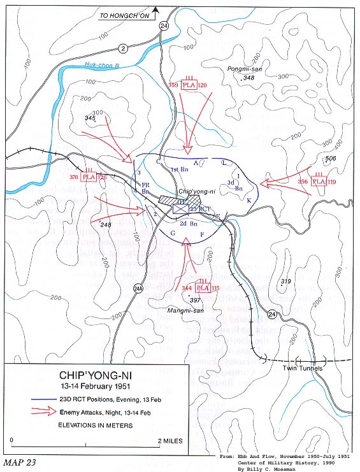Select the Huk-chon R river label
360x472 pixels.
103,65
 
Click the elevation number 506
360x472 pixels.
330,159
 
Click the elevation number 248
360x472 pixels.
105,224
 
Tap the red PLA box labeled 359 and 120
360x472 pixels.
188,85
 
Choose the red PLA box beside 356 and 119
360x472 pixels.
319,182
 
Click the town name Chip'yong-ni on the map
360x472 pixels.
194,191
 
